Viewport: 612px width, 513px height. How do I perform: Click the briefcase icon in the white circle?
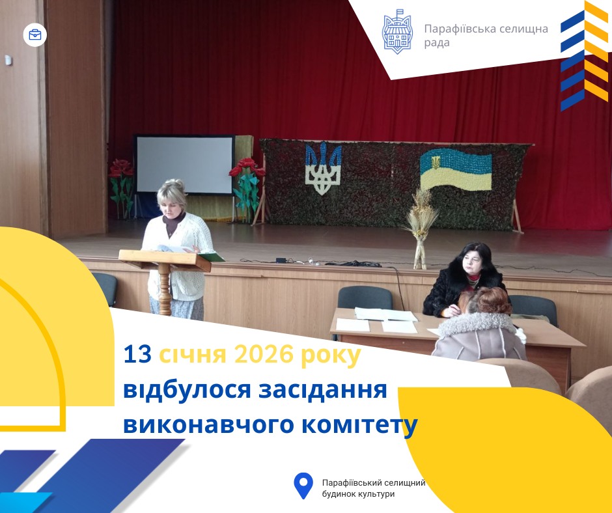point(35,35)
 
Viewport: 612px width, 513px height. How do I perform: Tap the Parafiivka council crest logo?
point(397,32)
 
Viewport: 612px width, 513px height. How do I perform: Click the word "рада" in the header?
point(437,43)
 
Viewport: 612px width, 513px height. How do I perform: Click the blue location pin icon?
point(303,486)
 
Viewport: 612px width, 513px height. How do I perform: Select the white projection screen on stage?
point(184,164)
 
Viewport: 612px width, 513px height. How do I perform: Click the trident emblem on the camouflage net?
point(323,168)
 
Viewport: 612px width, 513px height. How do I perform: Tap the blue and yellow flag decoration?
point(456,169)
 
